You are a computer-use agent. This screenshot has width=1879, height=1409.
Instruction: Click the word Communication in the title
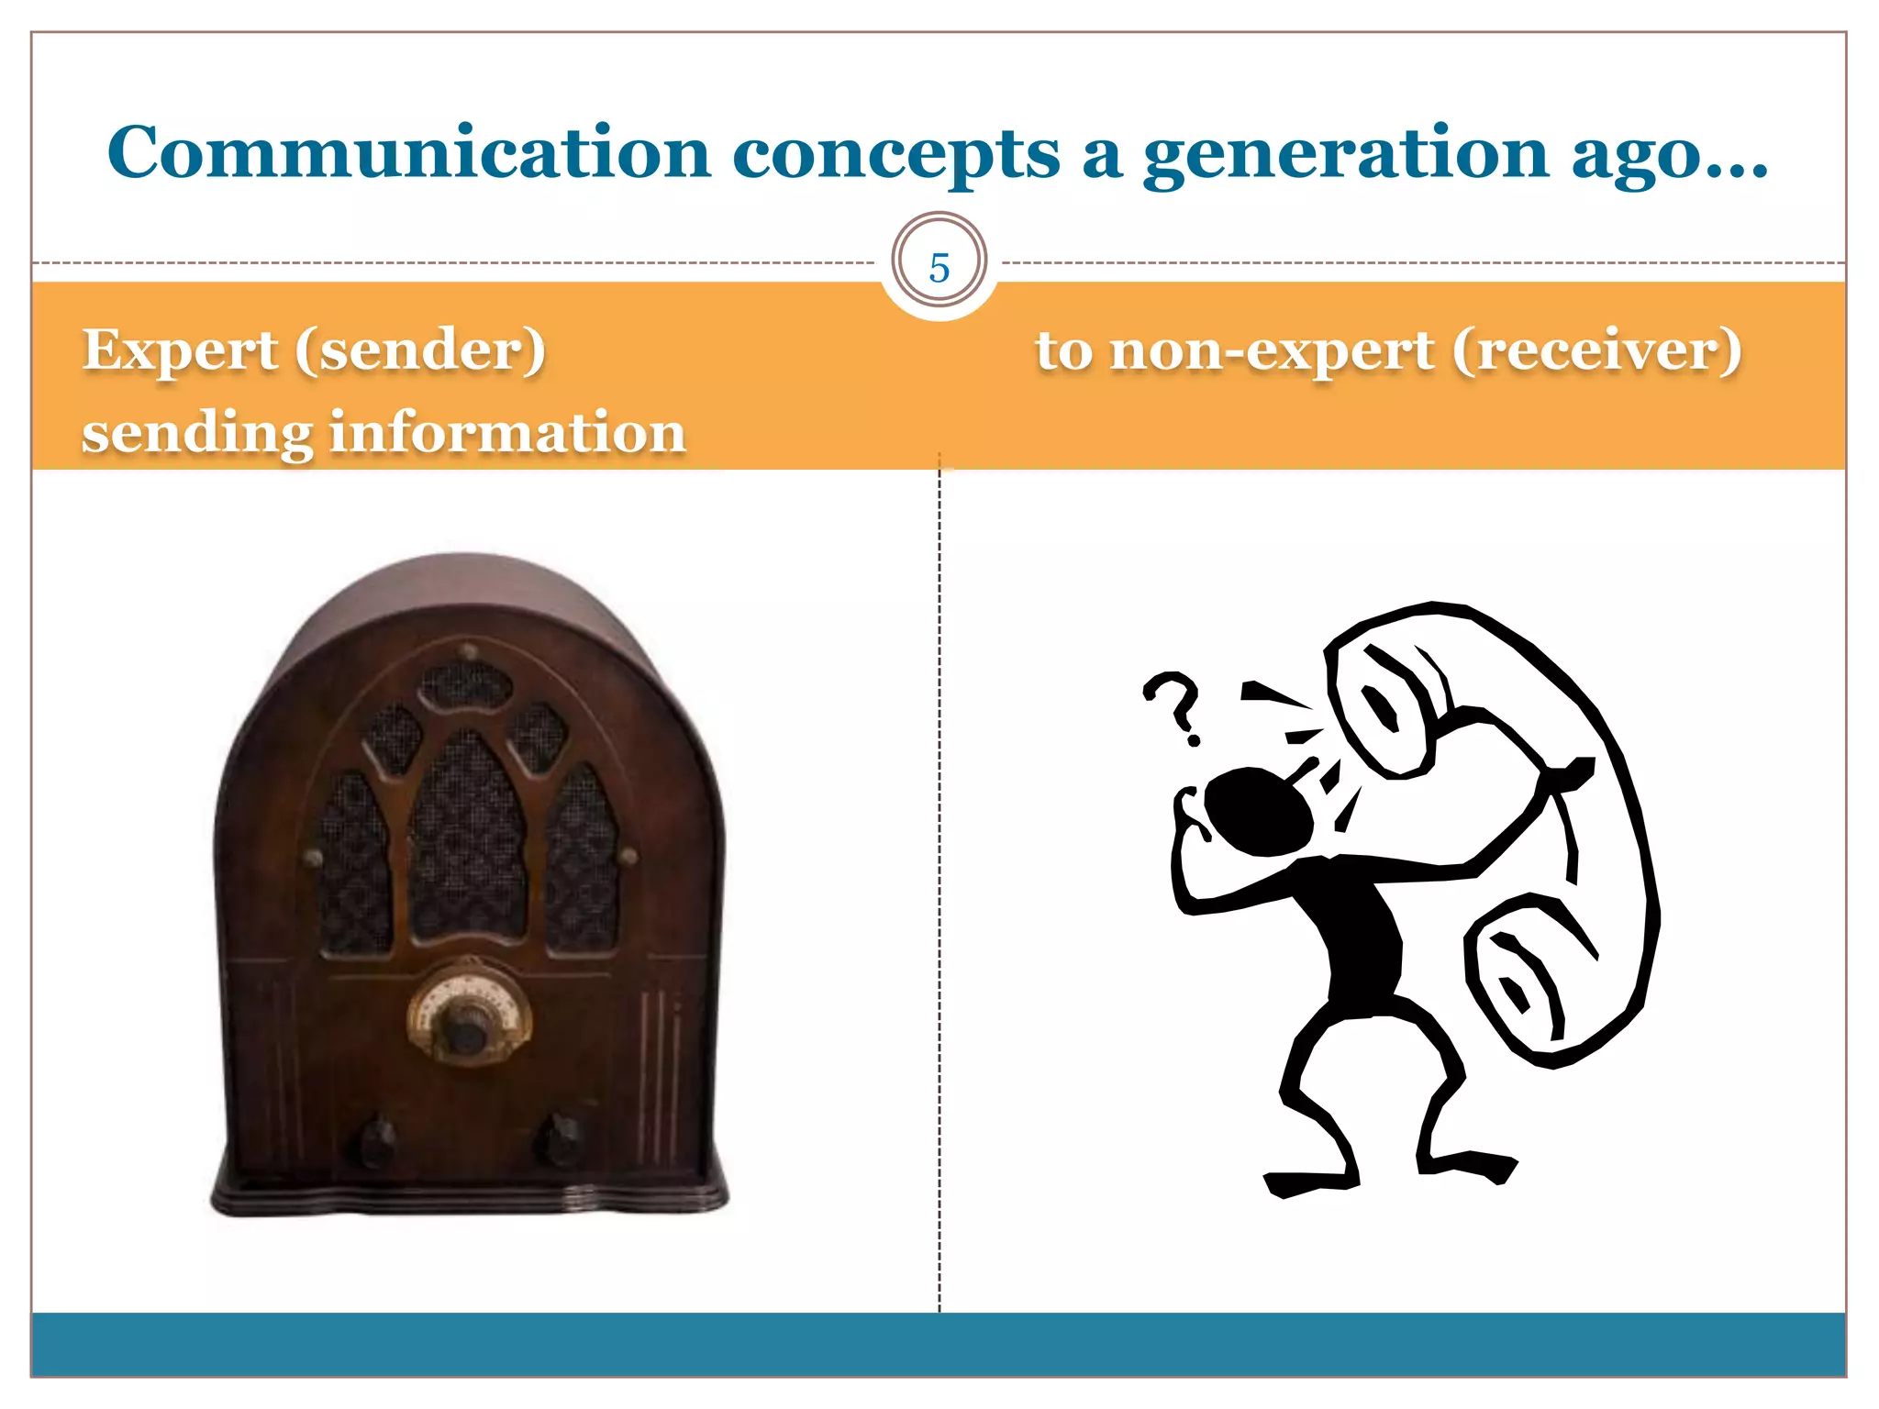tap(409, 152)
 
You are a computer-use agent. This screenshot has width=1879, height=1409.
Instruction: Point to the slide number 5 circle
tap(939, 267)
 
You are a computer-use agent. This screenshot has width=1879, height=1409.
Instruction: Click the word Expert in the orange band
tap(180, 351)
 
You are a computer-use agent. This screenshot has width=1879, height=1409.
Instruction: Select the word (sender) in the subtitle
tap(420, 351)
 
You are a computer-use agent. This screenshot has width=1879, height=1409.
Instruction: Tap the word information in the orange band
tap(507, 433)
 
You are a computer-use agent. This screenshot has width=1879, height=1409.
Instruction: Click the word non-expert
tap(1272, 351)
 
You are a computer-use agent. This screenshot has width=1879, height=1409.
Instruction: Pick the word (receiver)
tap(1596, 351)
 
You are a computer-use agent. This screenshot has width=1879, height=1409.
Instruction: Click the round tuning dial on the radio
tap(468, 1014)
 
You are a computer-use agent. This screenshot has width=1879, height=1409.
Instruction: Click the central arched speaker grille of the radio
tap(468, 839)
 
